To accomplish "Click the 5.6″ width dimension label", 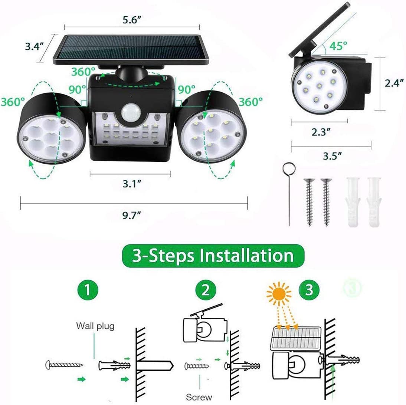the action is tap(132, 20).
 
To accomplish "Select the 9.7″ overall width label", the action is tap(131, 215).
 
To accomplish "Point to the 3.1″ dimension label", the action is tap(132, 184).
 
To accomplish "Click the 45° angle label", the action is tap(338, 46).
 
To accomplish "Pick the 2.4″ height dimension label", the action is tap(394, 83).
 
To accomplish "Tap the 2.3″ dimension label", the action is tap(321, 132).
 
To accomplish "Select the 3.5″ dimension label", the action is tap(333, 156).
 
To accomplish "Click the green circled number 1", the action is tap(88, 290).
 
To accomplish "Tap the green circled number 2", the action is tap(206, 290).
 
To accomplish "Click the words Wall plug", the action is tap(95, 326).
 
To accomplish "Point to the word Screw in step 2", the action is tap(199, 397).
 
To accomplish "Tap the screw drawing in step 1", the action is tap(64, 365).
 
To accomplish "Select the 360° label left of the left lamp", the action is tap(13, 102).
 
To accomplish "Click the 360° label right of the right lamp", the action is tap(251, 102).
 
